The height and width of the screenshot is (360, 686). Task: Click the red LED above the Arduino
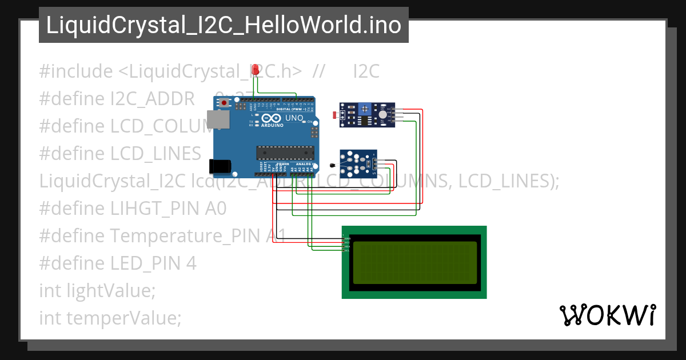click(x=257, y=70)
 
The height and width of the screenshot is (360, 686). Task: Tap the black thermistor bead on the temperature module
click(x=332, y=166)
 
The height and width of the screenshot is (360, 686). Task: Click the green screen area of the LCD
click(x=414, y=262)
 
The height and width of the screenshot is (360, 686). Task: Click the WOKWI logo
click(x=607, y=315)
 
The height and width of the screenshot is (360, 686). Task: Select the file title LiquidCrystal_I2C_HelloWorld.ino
click(x=224, y=25)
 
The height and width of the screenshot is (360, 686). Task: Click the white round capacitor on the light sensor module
click(x=382, y=114)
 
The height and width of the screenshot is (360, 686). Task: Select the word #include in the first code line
click(x=76, y=71)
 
